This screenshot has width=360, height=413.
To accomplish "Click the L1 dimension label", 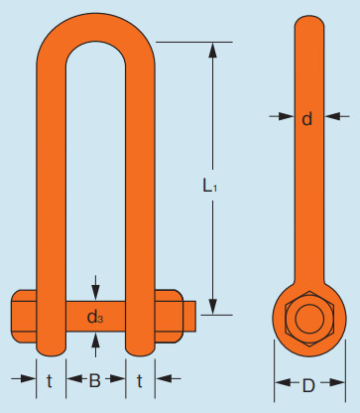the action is click(x=209, y=186).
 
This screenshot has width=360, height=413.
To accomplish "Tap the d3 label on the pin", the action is click(x=95, y=317).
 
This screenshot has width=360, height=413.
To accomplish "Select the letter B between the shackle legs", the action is click(x=94, y=380).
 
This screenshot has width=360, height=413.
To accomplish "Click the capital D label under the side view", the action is click(x=308, y=385).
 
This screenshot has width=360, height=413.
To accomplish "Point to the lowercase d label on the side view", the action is click(x=307, y=118).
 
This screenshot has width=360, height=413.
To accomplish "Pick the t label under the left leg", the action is click(x=50, y=381).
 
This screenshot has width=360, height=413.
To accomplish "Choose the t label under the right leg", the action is click(x=140, y=381).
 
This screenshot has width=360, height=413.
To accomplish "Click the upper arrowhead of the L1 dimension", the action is click(x=213, y=51).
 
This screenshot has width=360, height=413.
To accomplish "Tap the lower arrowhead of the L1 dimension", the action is click(x=213, y=307).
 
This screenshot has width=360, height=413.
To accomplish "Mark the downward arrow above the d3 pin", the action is click(x=95, y=288).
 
